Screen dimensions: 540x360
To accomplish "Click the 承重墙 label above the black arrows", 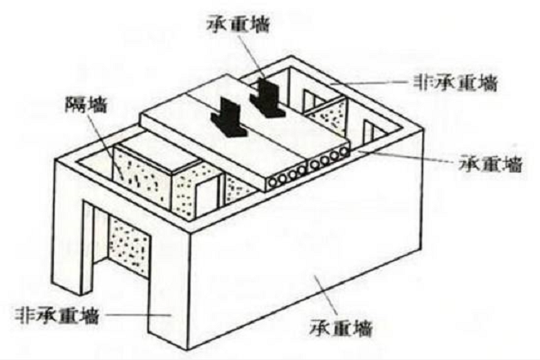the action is [238, 25].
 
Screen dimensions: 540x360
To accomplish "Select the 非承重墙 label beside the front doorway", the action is [57, 315].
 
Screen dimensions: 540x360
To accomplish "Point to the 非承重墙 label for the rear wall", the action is [456, 83].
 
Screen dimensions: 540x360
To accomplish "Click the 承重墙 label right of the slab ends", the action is [490, 163].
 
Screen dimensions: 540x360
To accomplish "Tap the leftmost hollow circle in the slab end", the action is [274, 182].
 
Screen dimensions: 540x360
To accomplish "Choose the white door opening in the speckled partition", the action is [207, 197].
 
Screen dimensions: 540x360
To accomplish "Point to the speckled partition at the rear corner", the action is [326, 117].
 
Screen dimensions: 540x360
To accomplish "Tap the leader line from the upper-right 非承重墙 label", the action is [369, 83].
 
